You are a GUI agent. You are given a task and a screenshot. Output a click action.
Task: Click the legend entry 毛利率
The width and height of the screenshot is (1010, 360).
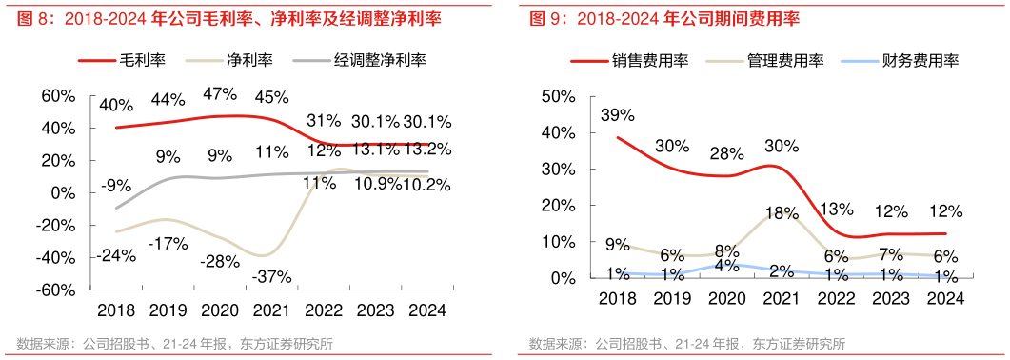coord(142,60)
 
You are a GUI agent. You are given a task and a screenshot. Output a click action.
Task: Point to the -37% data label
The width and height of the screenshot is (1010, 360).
coord(271,276)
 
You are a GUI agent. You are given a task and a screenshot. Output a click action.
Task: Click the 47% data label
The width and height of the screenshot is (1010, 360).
coord(220,93)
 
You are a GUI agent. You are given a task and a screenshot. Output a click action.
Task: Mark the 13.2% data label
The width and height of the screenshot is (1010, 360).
coord(427,149)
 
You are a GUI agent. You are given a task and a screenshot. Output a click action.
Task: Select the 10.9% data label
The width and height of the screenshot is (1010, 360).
coord(374,184)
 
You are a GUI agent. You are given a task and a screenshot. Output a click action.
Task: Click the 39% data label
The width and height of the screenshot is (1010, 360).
coord(617,115)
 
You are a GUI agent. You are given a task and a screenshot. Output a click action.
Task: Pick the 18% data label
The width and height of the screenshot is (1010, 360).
coord(781,213)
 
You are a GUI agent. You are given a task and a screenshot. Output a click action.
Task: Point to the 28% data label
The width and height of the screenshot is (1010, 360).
coord(726,153)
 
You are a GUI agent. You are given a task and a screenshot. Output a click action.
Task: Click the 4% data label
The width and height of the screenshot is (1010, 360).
coord(726,267)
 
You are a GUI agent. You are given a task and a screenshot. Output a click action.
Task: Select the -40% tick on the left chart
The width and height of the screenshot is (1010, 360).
coord(57,258)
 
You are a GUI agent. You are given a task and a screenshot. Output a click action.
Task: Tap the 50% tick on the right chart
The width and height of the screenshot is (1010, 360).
coord(558,96)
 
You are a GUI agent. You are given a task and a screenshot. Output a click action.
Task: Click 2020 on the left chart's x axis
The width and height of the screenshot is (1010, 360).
coord(220,310)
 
